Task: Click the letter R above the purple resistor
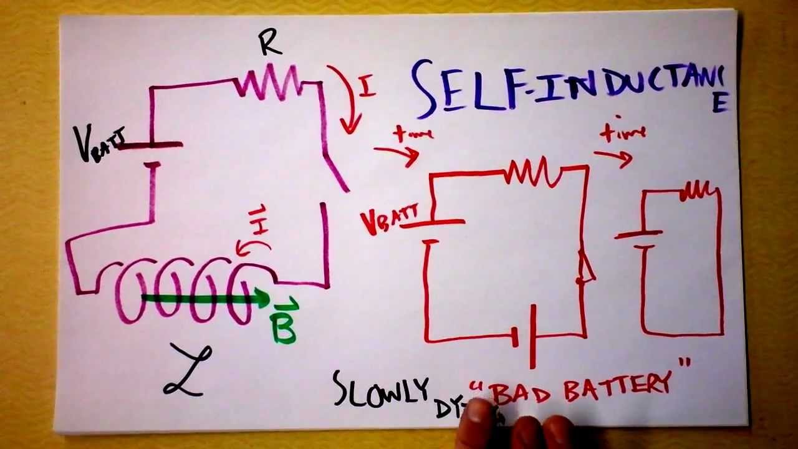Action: click(270, 44)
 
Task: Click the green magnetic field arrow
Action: click(206, 299)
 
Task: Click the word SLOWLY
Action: click(381, 390)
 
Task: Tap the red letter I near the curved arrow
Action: click(368, 87)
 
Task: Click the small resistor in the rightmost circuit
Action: click(699, 191)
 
